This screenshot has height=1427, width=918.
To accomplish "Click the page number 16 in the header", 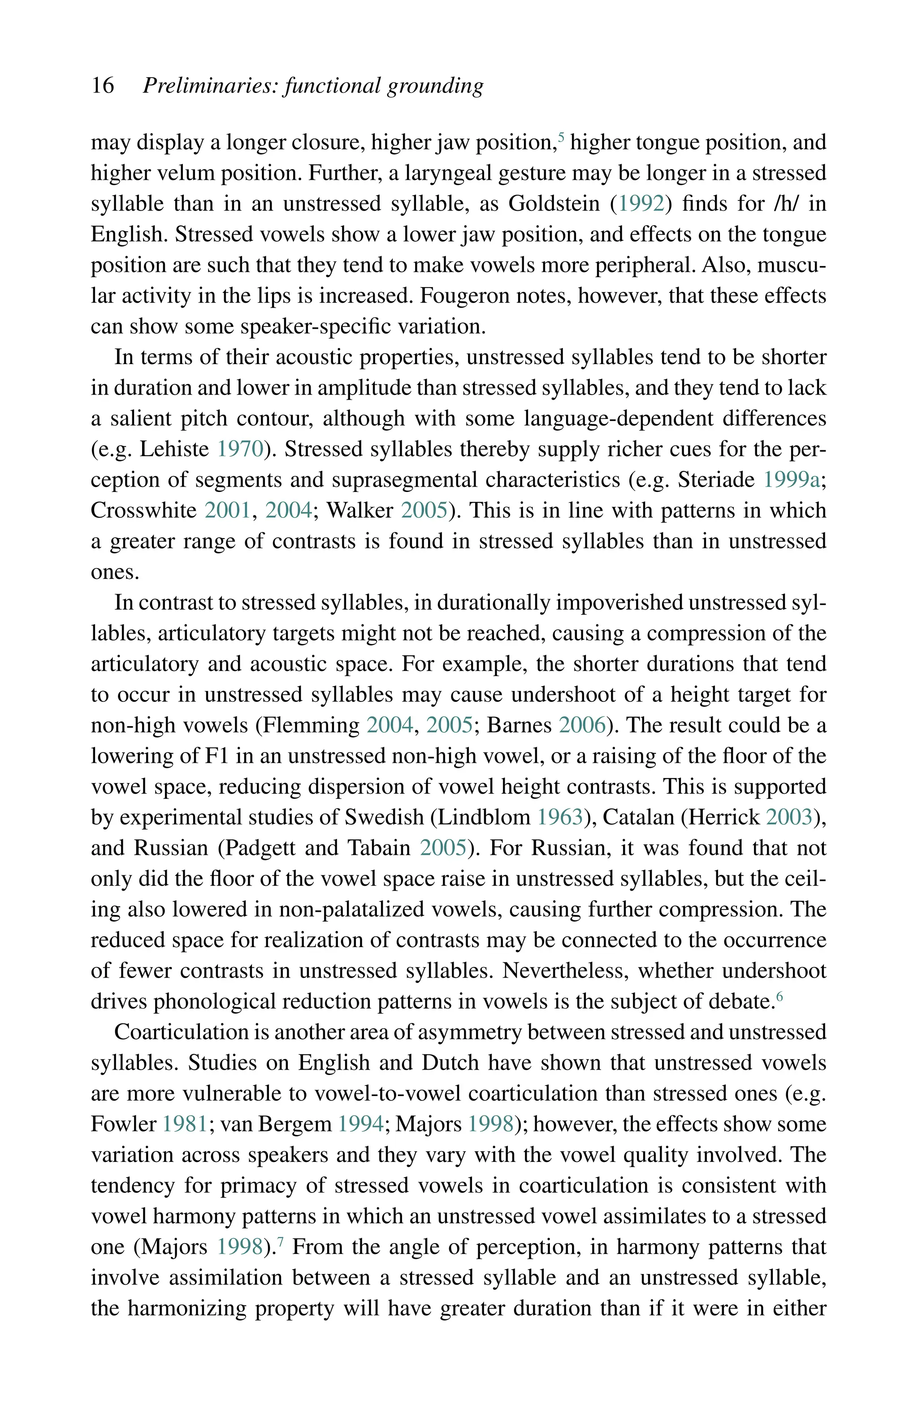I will tap(103, 85).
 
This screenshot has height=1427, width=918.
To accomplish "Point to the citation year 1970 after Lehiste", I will tap(240, 449).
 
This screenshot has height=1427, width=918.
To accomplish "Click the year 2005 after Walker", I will tap(424, 510).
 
